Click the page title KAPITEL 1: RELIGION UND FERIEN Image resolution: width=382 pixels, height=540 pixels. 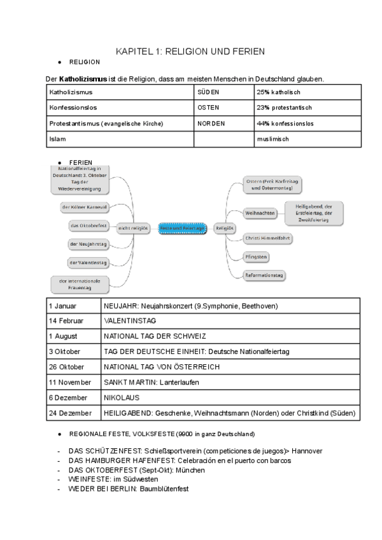tap(191, 51)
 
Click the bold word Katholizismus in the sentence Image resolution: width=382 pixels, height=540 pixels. tap(83, 79)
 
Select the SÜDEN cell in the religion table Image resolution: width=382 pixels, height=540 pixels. tap(208, 93)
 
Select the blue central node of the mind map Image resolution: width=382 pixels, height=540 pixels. tap(183, 227)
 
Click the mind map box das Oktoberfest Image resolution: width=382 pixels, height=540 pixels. tap(88, 225)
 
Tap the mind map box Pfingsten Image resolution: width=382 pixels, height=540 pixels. tap(256, 257)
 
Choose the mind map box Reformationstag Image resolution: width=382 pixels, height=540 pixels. tap(265, 275)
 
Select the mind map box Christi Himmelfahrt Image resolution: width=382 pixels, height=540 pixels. tap(267, 238)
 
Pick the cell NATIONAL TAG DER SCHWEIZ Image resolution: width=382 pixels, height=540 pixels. tap(155, 336)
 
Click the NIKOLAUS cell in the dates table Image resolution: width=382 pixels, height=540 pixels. tap(120, 397)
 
